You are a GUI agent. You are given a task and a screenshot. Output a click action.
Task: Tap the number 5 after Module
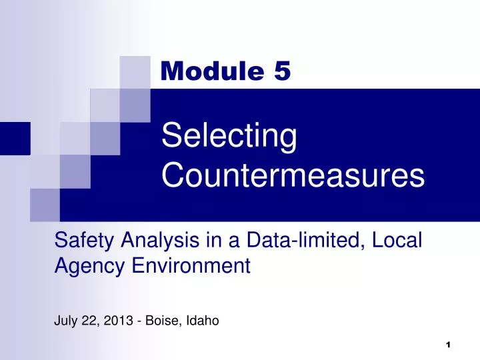coord(281,70)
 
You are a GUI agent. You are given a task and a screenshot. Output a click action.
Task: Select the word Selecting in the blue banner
coord(229,138)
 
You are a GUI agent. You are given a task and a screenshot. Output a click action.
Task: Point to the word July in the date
coord(65,321)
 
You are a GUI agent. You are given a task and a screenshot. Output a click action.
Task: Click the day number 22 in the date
coord(89,321)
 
